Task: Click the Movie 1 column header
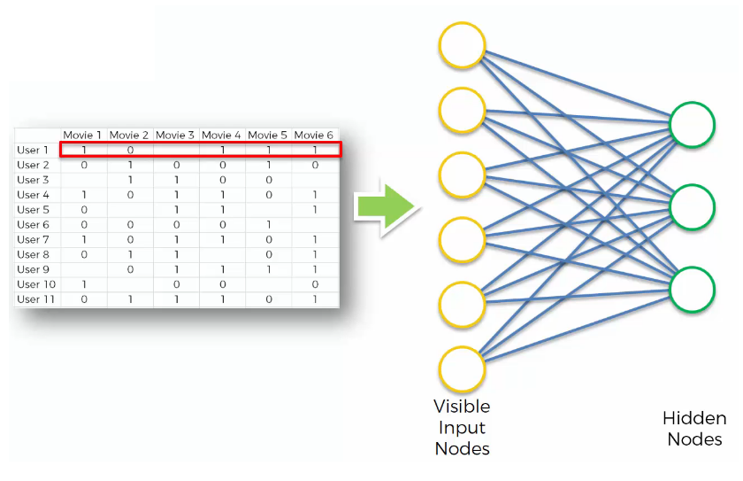(82, 136)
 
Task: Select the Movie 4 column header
(221, 136)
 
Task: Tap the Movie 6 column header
(314, 136)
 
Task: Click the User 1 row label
(33, 151)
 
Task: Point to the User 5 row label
(34, 210)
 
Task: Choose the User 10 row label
(36, 284)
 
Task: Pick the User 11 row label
(36, 299)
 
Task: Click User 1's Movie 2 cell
(130, 151)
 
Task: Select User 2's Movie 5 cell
(269, 165)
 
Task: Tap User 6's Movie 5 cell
(269, 225)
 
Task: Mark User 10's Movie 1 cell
(84, 284)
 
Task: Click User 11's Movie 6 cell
(315, 299)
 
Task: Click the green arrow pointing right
(387, 206)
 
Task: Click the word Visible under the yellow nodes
(462, 407)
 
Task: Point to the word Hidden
(694, 418)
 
